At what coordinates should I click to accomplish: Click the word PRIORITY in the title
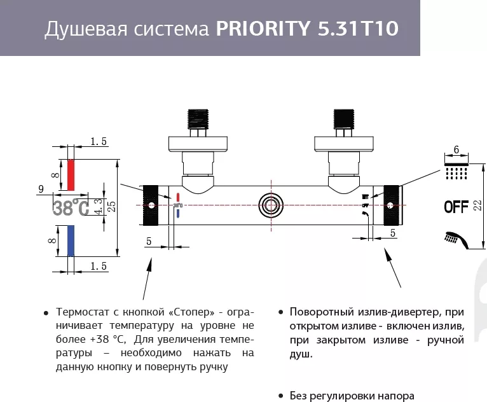pyautogui.click(x=263, y=30)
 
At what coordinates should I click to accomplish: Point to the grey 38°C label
pyautogui.click(x=71, y=207)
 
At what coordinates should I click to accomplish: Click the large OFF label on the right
pyautogui.click(x=456, y=206)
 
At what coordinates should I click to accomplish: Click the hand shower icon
pyautogui.click(x=455, y=239)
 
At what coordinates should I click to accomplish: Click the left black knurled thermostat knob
pyautogui.click(x=151, y=205)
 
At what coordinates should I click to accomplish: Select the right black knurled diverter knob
pyautogui.click(x=391, y=205)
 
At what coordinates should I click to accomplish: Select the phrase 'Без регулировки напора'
pyautogui.click(x=352, y=395)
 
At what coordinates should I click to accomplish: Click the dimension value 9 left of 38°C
pyautogui.click(x=41, y=189)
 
